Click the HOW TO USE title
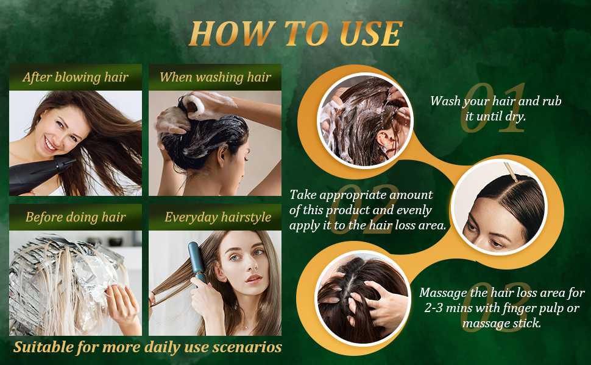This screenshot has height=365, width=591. pyautogui.click(x=295, y=33)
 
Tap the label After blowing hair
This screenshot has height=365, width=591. pyautogui.click(x=76, y=77)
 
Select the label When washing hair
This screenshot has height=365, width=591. pyautogui.click(x=215, y=77)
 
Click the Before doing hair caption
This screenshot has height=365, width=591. pyautogui.click(x=76, y=217)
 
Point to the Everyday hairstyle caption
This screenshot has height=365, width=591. pyautogui.click(x=218, y=217)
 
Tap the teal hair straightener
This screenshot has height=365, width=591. pyautogui.click(x=199, y=262)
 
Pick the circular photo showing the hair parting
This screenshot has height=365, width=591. pyautogui.click(x=500, y=207)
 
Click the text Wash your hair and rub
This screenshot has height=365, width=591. pyautogui.click(x=495, y=101)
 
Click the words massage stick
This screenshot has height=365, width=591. pyautogui.click(x=501, y=323)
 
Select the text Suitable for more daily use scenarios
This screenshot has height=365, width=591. pyautogui.click(x=147, y=347)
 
